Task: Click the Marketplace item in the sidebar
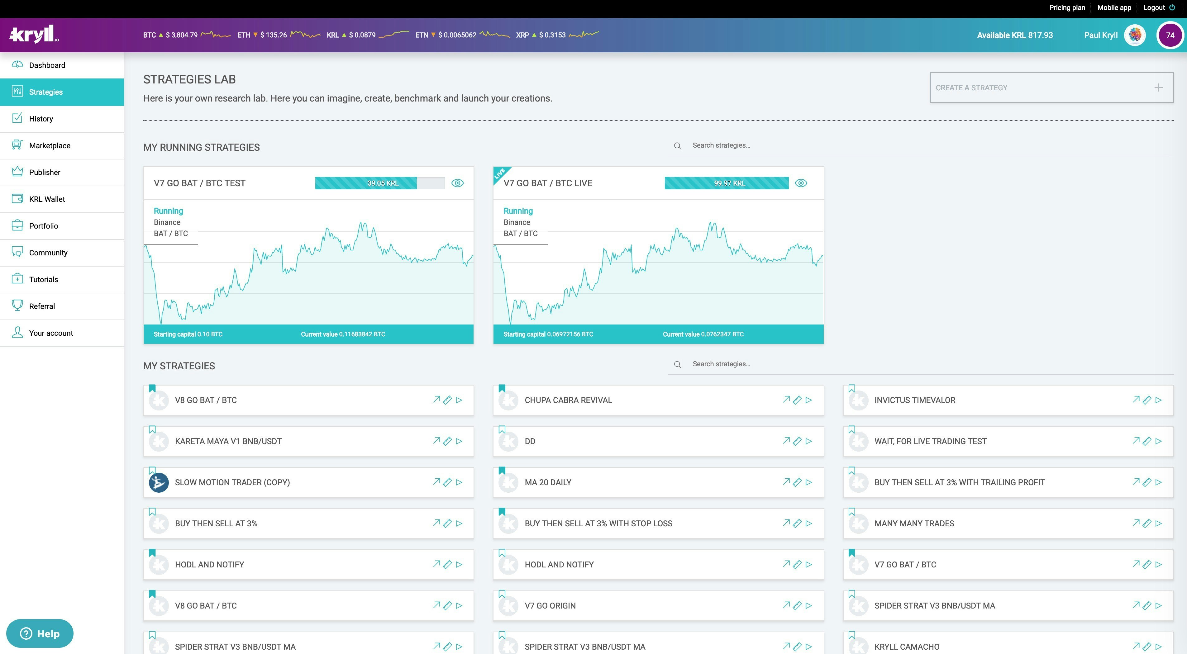pos(49,145)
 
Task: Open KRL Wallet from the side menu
pos(46,199)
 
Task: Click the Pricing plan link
pos(1067,7)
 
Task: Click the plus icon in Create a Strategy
pos(1158,88)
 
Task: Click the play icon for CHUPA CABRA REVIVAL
pos(809,400)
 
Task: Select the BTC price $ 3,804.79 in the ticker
pos(182,35)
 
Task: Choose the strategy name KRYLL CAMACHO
pos(906,647)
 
